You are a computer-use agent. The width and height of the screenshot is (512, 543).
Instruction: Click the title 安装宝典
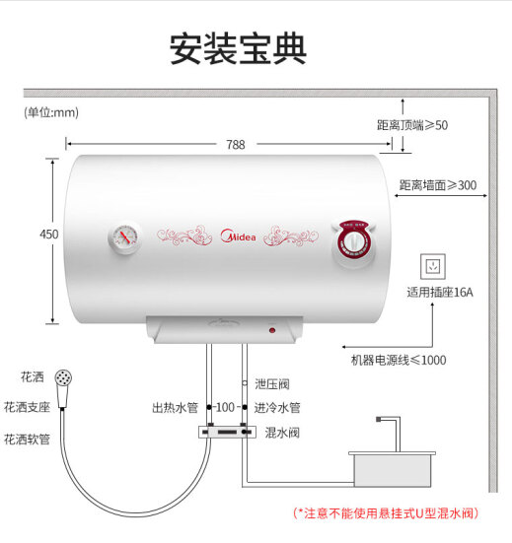point(238,49)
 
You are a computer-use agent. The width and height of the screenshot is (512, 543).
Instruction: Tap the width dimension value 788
point(236,145)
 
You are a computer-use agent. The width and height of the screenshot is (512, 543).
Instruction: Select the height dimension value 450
point(49,235)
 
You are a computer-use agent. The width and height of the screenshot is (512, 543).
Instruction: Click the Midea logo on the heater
point(238,236)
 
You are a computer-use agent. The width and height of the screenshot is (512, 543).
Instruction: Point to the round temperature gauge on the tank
point(124,238)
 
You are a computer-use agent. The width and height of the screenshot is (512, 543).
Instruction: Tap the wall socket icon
point(433,266)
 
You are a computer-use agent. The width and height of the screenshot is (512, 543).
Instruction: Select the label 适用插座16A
point(440,293)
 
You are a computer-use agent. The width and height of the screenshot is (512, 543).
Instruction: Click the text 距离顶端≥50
point(412,125)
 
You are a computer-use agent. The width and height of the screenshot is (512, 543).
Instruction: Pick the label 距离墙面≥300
point(438,185)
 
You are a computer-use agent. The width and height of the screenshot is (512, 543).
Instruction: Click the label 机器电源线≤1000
point(399,360)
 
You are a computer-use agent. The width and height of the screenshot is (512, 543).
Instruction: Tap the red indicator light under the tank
point(272,330)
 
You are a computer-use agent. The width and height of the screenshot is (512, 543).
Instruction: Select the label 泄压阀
point(272,384)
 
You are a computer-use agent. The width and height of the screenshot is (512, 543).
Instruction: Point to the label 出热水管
point(175,408)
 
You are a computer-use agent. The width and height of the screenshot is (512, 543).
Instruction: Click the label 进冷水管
point(277,408)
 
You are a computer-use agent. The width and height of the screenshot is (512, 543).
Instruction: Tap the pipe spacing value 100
point(225,407)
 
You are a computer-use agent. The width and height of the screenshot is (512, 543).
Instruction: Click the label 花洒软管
point(27,440)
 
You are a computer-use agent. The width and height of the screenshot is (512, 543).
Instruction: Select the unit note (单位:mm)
point(51,112)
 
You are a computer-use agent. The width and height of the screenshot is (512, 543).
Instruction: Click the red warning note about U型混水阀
point(386,513)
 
